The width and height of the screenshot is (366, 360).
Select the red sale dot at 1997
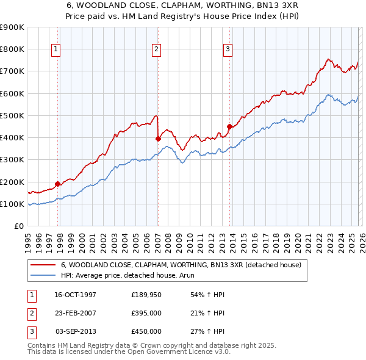[58, 183]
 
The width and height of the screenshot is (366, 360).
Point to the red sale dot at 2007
[158, 139]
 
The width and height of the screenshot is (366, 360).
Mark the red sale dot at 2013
[229, 127]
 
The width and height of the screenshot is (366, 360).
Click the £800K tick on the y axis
[12, 49]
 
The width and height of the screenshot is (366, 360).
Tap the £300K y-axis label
[12, 160]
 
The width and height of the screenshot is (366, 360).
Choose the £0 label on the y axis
[18, 226]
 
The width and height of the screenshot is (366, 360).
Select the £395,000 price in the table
[146, 313]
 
